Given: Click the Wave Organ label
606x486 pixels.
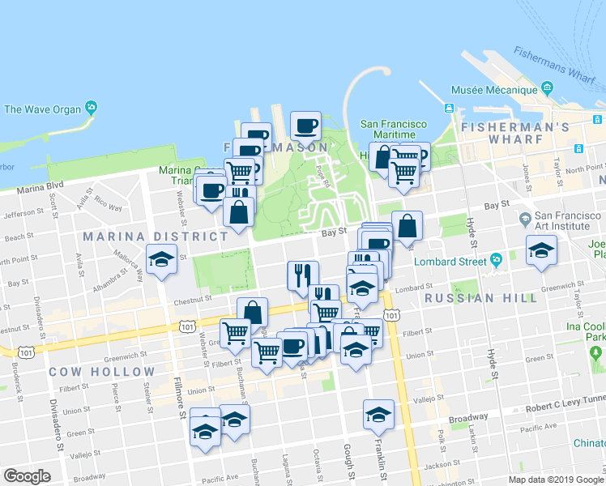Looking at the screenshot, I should click(x=42, y=109).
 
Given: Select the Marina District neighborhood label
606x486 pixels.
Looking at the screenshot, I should click(x=154, y=237).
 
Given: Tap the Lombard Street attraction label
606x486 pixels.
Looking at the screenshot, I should click(x=448, y=261).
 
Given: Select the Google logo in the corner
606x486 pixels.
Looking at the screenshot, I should click(x=27, y=475).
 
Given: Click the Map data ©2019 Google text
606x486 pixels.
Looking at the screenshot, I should click(x=556, y=480).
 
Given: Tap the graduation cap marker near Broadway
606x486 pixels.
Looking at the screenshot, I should click(x=378, y=415).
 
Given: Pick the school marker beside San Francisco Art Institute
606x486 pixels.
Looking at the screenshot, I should click(x=541, y=250).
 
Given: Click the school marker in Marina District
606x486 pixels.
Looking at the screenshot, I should click(x=161, y=259).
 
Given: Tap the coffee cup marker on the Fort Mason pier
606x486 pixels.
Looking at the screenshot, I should click(x=306, y=126).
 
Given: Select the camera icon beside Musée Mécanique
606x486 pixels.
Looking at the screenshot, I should click(x=548, y=87).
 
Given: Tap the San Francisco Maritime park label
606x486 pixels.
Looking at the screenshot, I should click(x=394, y=130).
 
